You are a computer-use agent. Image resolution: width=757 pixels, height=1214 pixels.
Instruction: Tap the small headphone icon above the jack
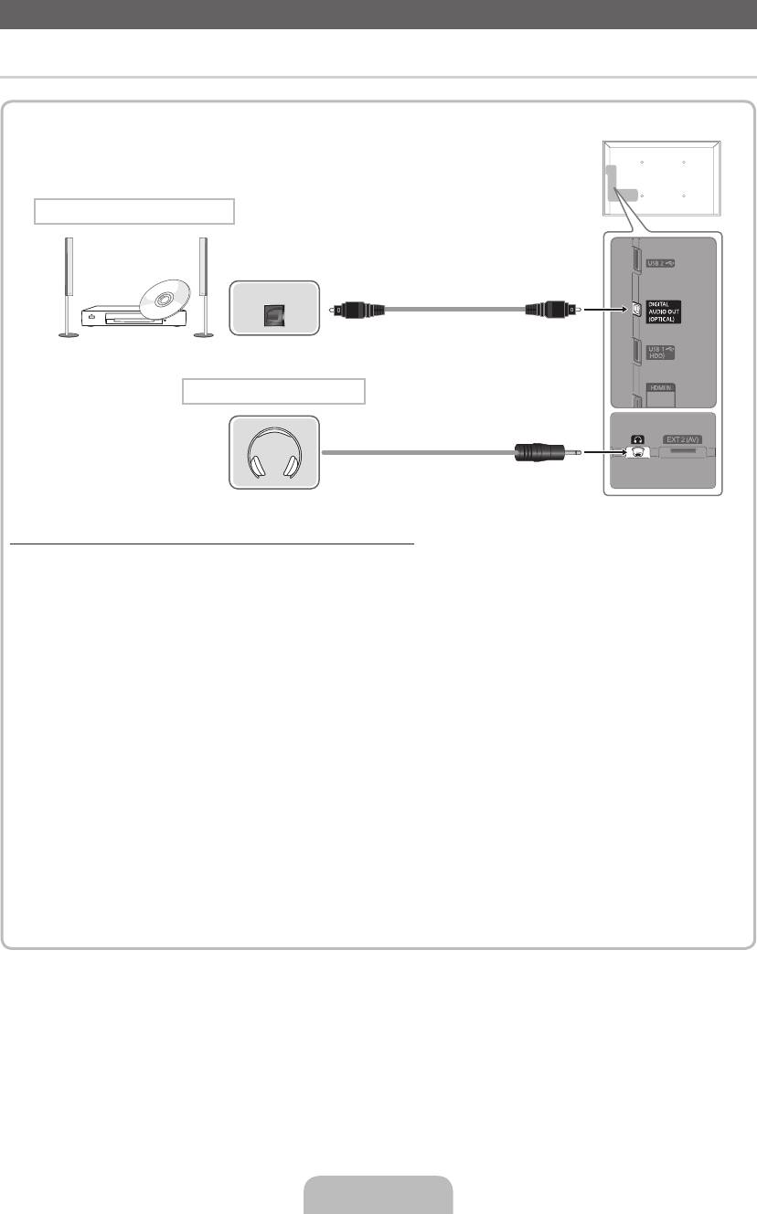(x=637, y=439)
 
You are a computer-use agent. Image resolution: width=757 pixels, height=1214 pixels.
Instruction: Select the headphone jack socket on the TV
(x=637, y=451)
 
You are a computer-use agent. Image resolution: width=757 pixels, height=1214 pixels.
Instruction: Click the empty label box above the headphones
(x=273, y=392)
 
